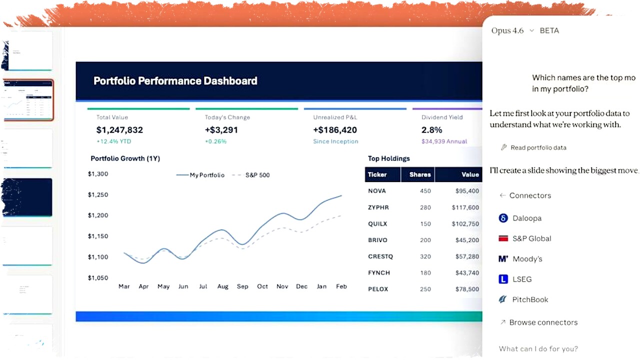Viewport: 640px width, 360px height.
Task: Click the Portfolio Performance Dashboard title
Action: click(175, 81)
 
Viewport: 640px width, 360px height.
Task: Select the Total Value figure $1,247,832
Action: click(119, 130)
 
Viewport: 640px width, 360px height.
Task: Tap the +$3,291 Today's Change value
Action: click(221, 130)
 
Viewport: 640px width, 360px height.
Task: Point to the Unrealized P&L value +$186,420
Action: click(335, 130)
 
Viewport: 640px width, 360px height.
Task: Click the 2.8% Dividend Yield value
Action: click(431, 130)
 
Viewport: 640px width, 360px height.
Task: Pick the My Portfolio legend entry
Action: click(200, 175)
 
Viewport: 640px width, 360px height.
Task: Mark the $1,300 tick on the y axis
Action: click(98, 174)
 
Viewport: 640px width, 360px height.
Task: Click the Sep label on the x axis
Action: click(242, 286)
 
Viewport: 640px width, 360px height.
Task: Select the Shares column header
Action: click(419, 174)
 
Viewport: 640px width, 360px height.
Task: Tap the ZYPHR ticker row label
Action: click(378, 207)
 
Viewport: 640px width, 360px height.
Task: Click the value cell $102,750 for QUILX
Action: click(465, 224)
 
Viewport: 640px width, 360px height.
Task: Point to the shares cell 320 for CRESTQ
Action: click(425, 256)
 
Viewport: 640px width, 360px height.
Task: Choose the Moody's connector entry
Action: click(527, 259)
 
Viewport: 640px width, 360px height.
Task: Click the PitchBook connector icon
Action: click(503, 299)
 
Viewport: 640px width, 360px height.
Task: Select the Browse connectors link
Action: click(543, 322)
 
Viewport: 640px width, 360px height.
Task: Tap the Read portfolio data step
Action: click(538, 147)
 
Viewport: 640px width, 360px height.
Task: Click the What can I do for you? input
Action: click(538, 349)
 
